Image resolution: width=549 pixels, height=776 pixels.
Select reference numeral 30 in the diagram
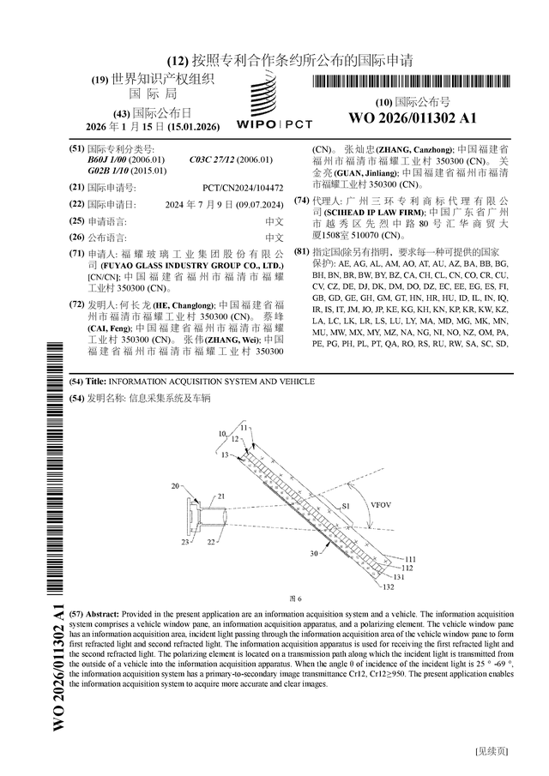pos(315,552)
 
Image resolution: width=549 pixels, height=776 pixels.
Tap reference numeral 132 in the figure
pos(388,587)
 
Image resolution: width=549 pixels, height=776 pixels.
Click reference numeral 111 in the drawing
pos(410,558)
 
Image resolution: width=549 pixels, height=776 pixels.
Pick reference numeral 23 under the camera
pos(185,542)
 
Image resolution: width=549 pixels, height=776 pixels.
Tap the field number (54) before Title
pos(75,381)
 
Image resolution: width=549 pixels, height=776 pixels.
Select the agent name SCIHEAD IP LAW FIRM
pos(363,212)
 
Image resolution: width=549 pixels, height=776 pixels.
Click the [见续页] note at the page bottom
pos(492,752)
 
